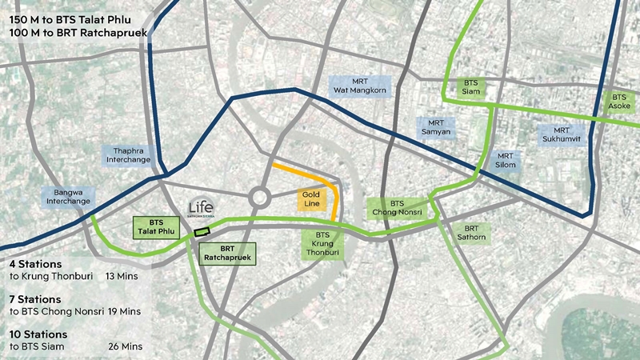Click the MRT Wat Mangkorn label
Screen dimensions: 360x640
pos(359,85)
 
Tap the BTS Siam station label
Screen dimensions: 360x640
pos(470,87)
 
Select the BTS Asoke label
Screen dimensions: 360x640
pos(620,101)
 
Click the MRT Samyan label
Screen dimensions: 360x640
pos(436,126)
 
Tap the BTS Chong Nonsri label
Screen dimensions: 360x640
pos(398,208)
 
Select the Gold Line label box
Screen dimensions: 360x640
pos(311,200)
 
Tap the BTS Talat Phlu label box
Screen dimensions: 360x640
pos(155,227)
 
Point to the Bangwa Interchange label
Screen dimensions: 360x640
pos(68,197)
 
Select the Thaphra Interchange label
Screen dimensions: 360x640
pos(128,155)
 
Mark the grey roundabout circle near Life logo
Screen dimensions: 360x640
pos(260,196)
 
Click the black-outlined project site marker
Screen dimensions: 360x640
pos(202,232)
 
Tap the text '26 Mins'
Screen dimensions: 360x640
pos(126,346)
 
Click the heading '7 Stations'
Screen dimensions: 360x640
pos(37,298)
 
